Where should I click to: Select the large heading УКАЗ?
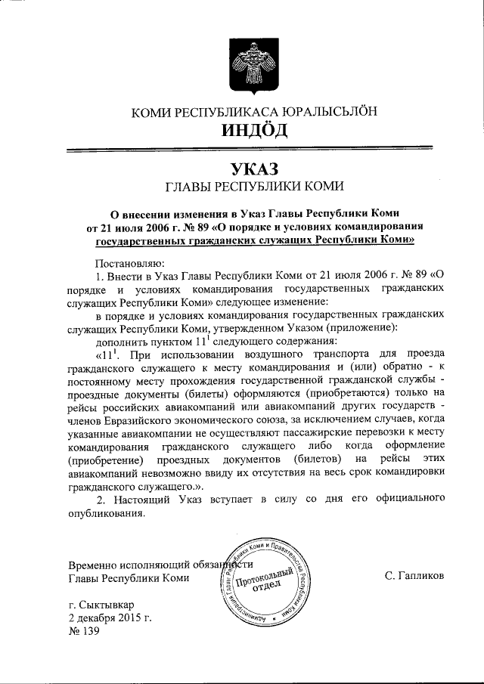pyautogui.click(x=254, y=169)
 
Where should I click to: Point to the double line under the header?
pyautogui.click(x=254, y=152)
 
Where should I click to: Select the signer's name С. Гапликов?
pyautogui.click(x=414, y=578)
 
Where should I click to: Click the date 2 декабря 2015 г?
pyautogui.click(x=110, y=618)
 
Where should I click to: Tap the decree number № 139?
pyautogui.click(x=84, y=632)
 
